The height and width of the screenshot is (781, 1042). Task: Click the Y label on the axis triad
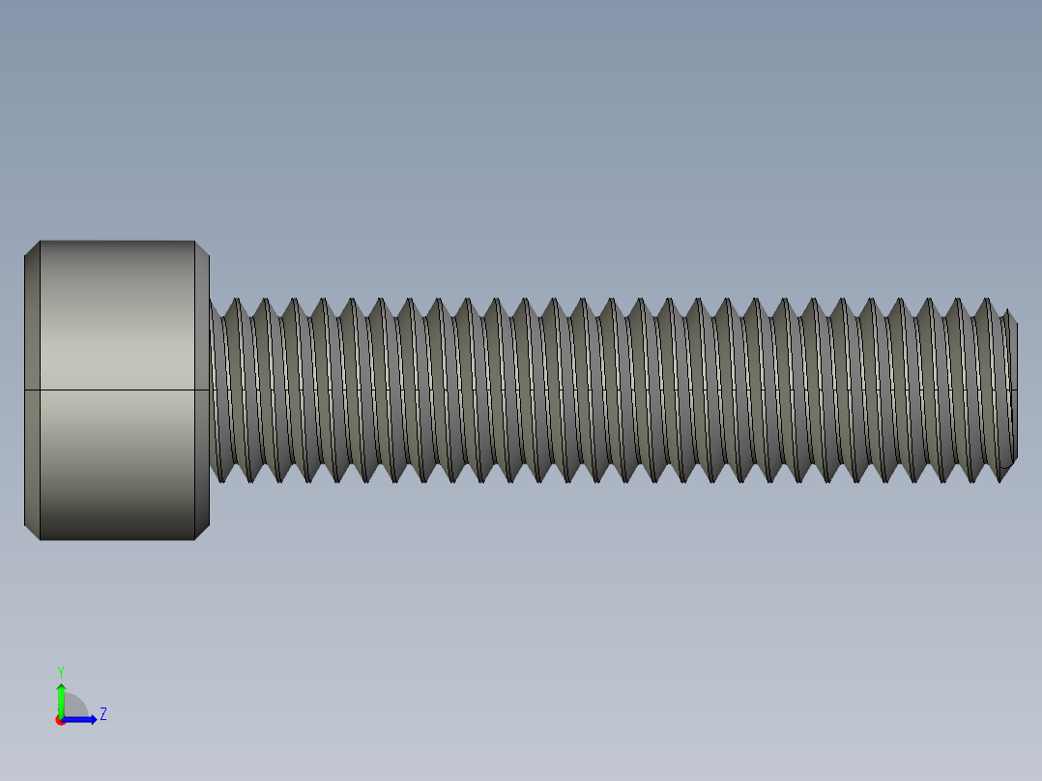[60, 671]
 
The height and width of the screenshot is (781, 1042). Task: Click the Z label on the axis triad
[102, 714]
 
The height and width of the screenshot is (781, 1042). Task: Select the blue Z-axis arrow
[82, 719]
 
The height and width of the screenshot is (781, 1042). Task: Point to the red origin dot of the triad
[60, 720]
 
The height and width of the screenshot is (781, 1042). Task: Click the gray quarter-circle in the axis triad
[73, 708]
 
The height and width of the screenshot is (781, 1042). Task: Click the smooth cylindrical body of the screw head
[117, 319]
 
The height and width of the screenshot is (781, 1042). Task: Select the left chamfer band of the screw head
[32, 390]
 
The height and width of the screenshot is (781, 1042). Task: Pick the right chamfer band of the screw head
[202, 390]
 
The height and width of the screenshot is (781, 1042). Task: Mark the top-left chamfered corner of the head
[32, 247]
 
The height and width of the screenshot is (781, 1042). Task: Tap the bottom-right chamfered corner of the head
[202, 532]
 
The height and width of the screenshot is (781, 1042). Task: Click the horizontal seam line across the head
[117, 390]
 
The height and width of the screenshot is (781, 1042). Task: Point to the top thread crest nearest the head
[237, 301]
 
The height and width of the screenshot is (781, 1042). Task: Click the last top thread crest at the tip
[988, 301]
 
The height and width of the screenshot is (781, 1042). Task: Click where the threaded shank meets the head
[212, 390]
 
